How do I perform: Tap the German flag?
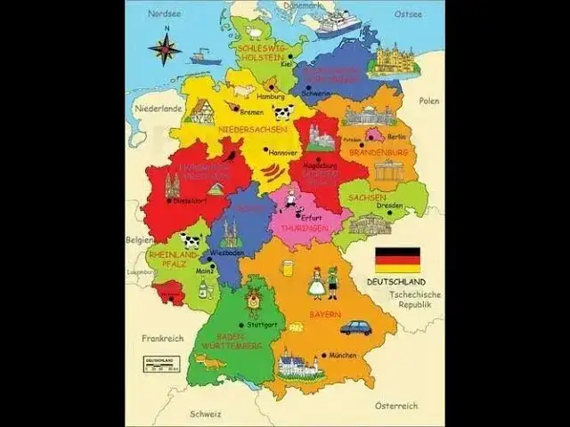(x=396, y=259)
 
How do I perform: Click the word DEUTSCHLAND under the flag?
(x=397, y=282)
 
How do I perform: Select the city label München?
(x=343, y=354)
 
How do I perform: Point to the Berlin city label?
(x=397, y=136)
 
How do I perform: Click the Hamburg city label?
(x=270, y=96)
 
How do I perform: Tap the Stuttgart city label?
(x=263, y=325)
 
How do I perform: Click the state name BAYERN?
(x=325, y=315)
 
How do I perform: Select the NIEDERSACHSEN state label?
(x=253, y=129)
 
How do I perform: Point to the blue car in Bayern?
(x=355, y=326)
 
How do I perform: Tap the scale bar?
(x=161, y=362)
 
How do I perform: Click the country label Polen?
(x=429, y=101)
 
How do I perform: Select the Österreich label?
(x=395, y=406)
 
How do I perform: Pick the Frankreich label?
(x=162, y=338)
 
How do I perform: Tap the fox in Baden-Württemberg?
(x=210, y=361)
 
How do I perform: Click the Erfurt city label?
(x=311, y=217)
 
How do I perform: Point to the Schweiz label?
(x=205, y=414)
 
